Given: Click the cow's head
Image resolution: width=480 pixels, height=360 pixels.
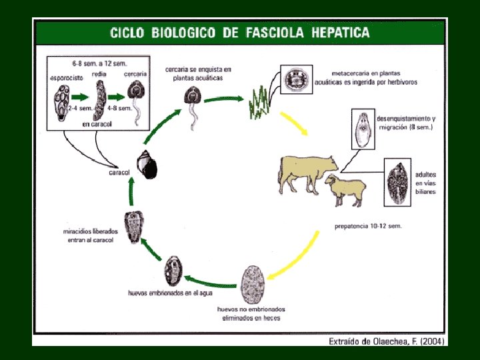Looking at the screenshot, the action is [x=330, y=162].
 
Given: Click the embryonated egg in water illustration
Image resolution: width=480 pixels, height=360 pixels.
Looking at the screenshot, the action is [x=173, y=271].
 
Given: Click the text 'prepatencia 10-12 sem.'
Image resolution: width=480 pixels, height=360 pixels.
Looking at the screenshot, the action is [x=368, y=226].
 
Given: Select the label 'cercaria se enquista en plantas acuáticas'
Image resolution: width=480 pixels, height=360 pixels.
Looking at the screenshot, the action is [x=197, y=73].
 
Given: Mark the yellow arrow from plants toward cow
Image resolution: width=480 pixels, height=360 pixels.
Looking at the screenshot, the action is [x=294, y=123].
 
